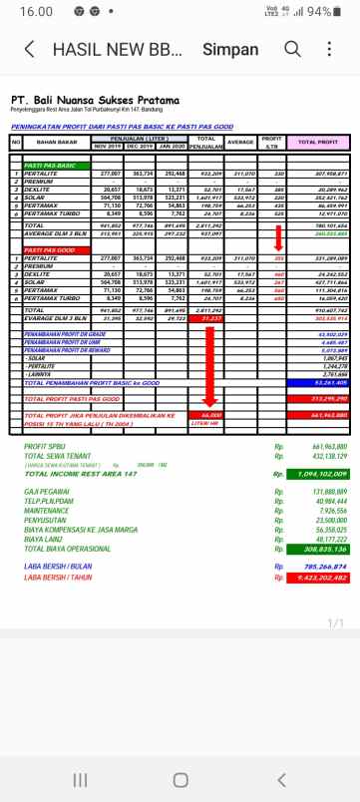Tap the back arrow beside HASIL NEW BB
pos(29,50)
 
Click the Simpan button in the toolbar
pos(230,50)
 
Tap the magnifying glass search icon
pos(292,49)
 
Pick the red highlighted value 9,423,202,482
pos(317,576)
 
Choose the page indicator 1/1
pos(335,622)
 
